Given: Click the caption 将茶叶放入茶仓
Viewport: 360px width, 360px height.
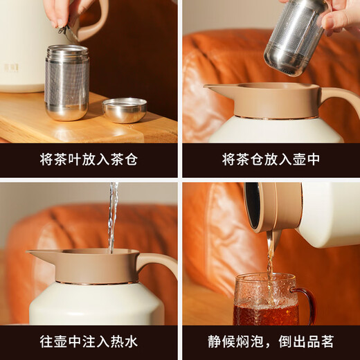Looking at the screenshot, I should (x=89, y=160).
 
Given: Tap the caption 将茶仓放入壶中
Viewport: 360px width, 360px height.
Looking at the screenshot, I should (x=271, y=160).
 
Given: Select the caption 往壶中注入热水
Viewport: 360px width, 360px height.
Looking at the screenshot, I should (x=89, y=341).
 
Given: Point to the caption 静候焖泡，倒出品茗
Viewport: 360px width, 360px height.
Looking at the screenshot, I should (x=271, y=341).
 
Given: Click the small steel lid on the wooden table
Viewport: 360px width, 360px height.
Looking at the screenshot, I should (x=125, y=109).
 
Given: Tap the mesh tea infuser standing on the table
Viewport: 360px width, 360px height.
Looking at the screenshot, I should (x=66, y=82).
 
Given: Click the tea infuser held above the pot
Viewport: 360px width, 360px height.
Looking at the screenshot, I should (x=295, y=38).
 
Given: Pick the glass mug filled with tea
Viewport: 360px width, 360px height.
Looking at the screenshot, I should (x=267, y=301).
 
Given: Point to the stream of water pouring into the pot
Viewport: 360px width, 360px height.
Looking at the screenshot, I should (x=112, y=215).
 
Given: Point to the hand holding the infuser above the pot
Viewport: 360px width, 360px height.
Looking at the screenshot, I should (x=339, y=17).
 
